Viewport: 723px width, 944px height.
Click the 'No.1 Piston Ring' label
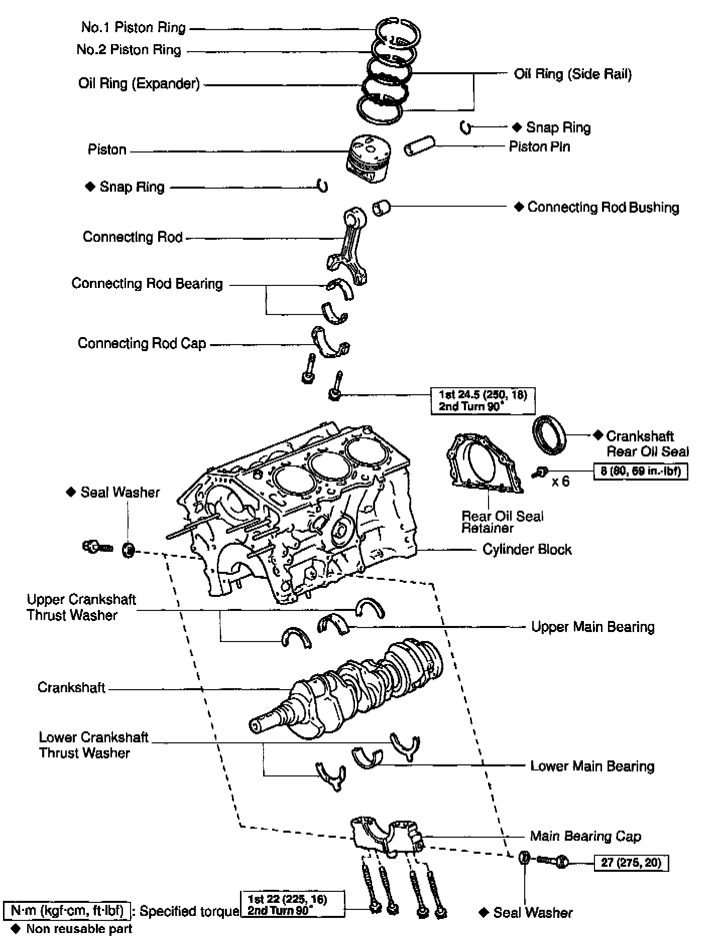click(x=133, y=27)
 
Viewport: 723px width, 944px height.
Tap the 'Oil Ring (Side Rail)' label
click(x=572, y=74)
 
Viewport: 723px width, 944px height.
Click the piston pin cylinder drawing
click(x=420, y=146)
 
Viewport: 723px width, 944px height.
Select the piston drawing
click(x=369, y=158)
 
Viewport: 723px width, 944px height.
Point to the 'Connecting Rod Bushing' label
click(x=602, y=207)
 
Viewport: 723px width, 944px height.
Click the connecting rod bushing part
click(x=383, y=207)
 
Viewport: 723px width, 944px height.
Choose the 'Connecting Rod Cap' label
click(x=142, y=344)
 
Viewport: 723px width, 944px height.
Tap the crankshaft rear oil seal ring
click(x=549, y=435)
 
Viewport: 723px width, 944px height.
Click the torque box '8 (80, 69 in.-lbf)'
click(x=641, y=471)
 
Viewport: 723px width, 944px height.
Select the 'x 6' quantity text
click(x=560, y=482)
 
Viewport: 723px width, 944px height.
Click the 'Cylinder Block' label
click(x=527, y=550)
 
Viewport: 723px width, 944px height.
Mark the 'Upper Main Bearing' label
click(x=592, y=627)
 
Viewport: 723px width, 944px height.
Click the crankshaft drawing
click(x=346, y=692)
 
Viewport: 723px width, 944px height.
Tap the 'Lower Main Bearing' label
click(x=592, y=766)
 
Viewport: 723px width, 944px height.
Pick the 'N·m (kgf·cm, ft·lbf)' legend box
click(x=67, y=910)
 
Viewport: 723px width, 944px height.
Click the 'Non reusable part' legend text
click(x=79, y=929)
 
